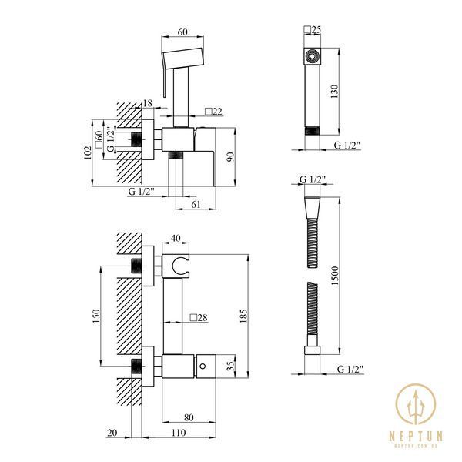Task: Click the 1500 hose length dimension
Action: [x=335, y=276]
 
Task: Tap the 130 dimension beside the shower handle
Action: [x=335, y=92]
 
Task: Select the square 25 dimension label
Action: [x=313, y=30]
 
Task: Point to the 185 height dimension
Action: [x=243, y=316]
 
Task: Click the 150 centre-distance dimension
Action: [x=96, y=316]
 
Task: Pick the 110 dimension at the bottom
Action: [x=179, y=433]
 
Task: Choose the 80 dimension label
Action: [x=189, y=417]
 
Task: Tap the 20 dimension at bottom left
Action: [x=112, y=433]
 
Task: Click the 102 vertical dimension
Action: [x=88, y=152]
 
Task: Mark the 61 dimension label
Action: [x=196, y=204]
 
